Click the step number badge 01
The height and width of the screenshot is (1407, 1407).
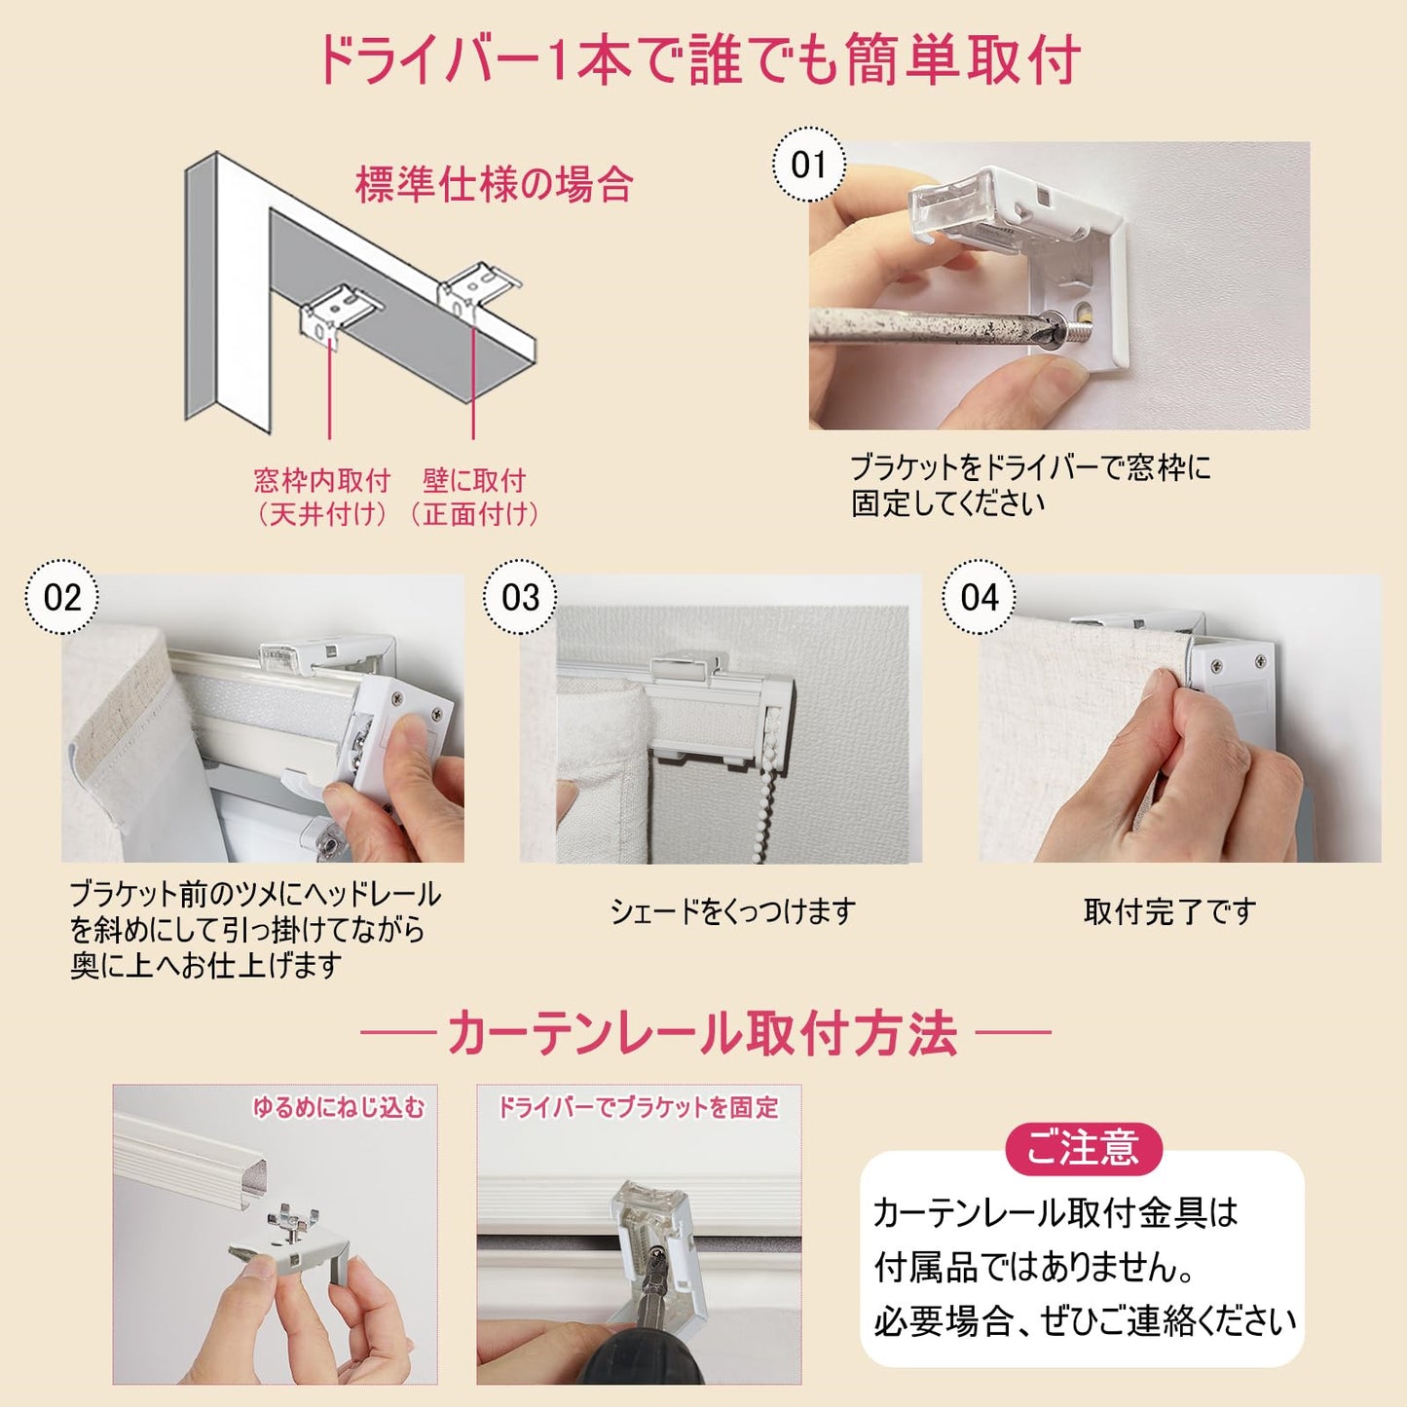coord(808,165)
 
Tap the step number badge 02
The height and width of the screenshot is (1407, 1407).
coord(62,597)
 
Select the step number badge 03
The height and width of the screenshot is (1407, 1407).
coord(521,597)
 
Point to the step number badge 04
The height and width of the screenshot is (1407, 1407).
coord(980,597)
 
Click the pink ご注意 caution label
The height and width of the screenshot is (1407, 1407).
coord(1083,1148)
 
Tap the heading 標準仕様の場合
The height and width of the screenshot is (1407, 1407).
coord(495,184)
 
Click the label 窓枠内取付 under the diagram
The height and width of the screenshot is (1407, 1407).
coord(322,480)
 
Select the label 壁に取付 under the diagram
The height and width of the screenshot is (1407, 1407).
coord(474,480)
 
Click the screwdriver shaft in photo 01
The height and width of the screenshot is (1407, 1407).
coord(925,325)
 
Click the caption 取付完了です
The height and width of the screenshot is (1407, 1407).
coord(1169,911)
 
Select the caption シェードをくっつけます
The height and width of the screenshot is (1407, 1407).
coord(732,911)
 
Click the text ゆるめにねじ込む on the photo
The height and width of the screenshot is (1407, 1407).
coord(339,1107)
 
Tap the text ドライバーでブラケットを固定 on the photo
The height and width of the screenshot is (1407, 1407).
coord(639,1107)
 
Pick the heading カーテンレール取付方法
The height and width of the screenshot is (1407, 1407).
coord(703,1033)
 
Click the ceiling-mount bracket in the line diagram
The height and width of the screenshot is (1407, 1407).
coord(340,311)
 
